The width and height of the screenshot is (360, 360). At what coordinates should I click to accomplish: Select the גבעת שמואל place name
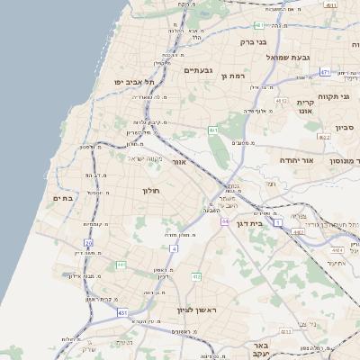(x=288, y=57)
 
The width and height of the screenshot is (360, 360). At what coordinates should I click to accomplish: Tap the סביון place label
(x=345, y=128)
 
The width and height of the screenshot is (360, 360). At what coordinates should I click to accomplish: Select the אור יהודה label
(x=296, y=159)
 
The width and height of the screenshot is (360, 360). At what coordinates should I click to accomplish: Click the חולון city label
(x=150, y=190)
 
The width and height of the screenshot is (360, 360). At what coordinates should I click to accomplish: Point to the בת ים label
(x=62, y=198)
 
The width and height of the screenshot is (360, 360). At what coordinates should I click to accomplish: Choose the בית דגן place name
(x=256, y=221)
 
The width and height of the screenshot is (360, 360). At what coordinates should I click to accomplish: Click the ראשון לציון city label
(x=193, y=309)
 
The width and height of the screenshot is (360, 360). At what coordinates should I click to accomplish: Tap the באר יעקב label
(x=262, y=349)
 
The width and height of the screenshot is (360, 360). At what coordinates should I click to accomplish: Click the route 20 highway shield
(x=88, y=243)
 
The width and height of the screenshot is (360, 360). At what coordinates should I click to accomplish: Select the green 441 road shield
(x=121, y=265)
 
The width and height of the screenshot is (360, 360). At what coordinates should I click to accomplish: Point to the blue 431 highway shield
(x=121, y=312)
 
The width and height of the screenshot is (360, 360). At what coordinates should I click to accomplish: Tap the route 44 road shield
(x=225, y=221)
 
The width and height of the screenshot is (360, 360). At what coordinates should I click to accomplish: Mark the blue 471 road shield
(x=325, y=71)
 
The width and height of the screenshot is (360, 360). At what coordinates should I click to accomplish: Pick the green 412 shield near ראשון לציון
(x=195, y=276)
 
